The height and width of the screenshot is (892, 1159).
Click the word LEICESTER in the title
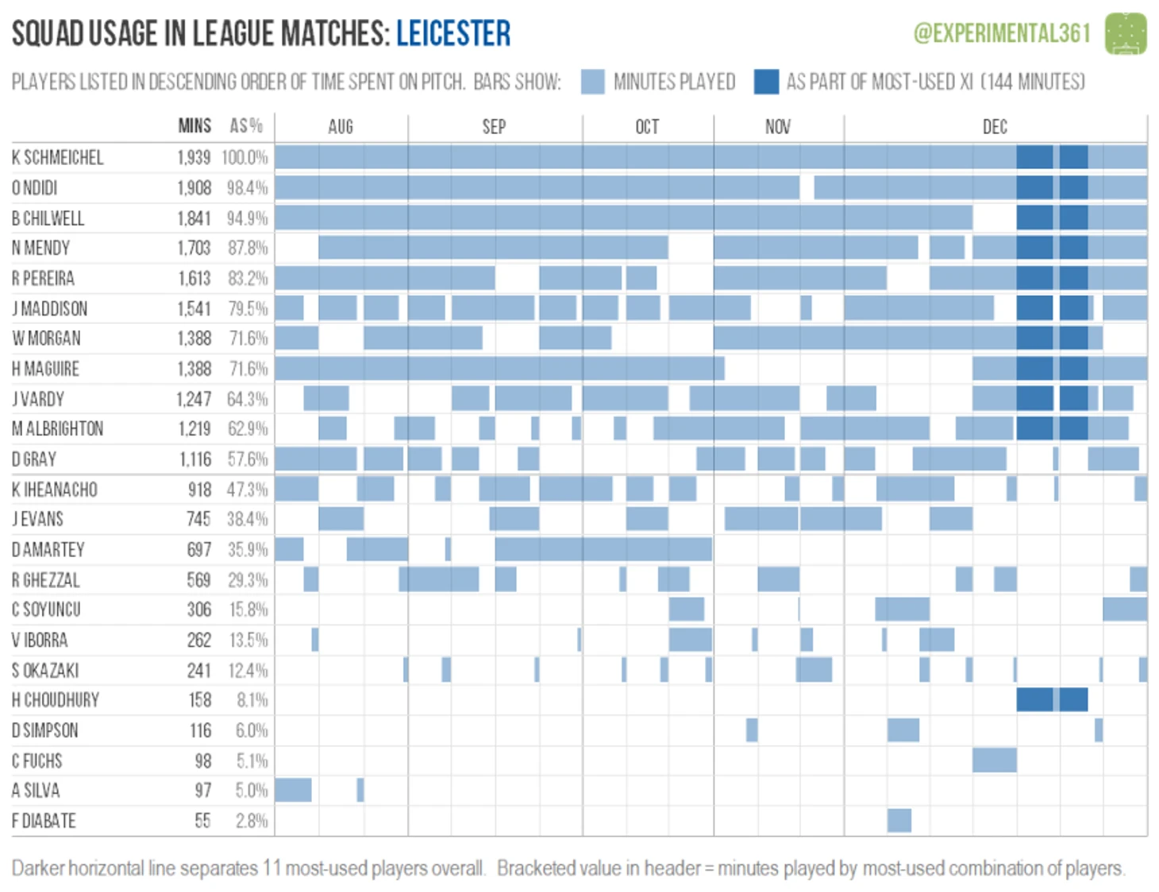(x=453, y=33)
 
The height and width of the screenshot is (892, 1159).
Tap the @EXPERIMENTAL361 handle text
(x=1002, y=33)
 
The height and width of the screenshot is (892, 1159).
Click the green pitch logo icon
(x=1126, y=33)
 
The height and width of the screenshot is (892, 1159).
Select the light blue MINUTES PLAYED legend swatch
(x=592, y=82)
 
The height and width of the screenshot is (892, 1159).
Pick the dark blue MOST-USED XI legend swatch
(x=766, y=82)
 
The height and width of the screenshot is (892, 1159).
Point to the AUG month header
(x=341, y=127)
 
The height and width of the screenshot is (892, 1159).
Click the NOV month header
(x=778, y=127)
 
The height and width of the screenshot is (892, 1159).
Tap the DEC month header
(x=995, y=127)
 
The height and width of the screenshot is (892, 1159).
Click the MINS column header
(x=194, y=126)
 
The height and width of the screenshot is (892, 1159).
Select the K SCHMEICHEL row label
(x=57, y=157)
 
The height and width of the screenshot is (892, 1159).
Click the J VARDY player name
(x=38, y=399)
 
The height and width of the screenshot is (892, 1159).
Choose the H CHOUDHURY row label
(x=56, y=700)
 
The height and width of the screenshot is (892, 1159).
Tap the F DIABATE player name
(x=44, y=821)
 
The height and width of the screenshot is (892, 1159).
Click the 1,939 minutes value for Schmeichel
(x=194, y=157)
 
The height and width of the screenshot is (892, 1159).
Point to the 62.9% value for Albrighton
(x=248, y=429)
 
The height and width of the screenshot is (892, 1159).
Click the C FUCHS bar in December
(x=994, y=760)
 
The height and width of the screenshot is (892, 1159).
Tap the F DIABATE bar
(x=899, y=821)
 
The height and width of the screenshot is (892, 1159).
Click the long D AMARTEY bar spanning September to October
(x=603, y=549)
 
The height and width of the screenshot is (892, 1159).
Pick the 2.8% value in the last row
(x=252, y=821)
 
